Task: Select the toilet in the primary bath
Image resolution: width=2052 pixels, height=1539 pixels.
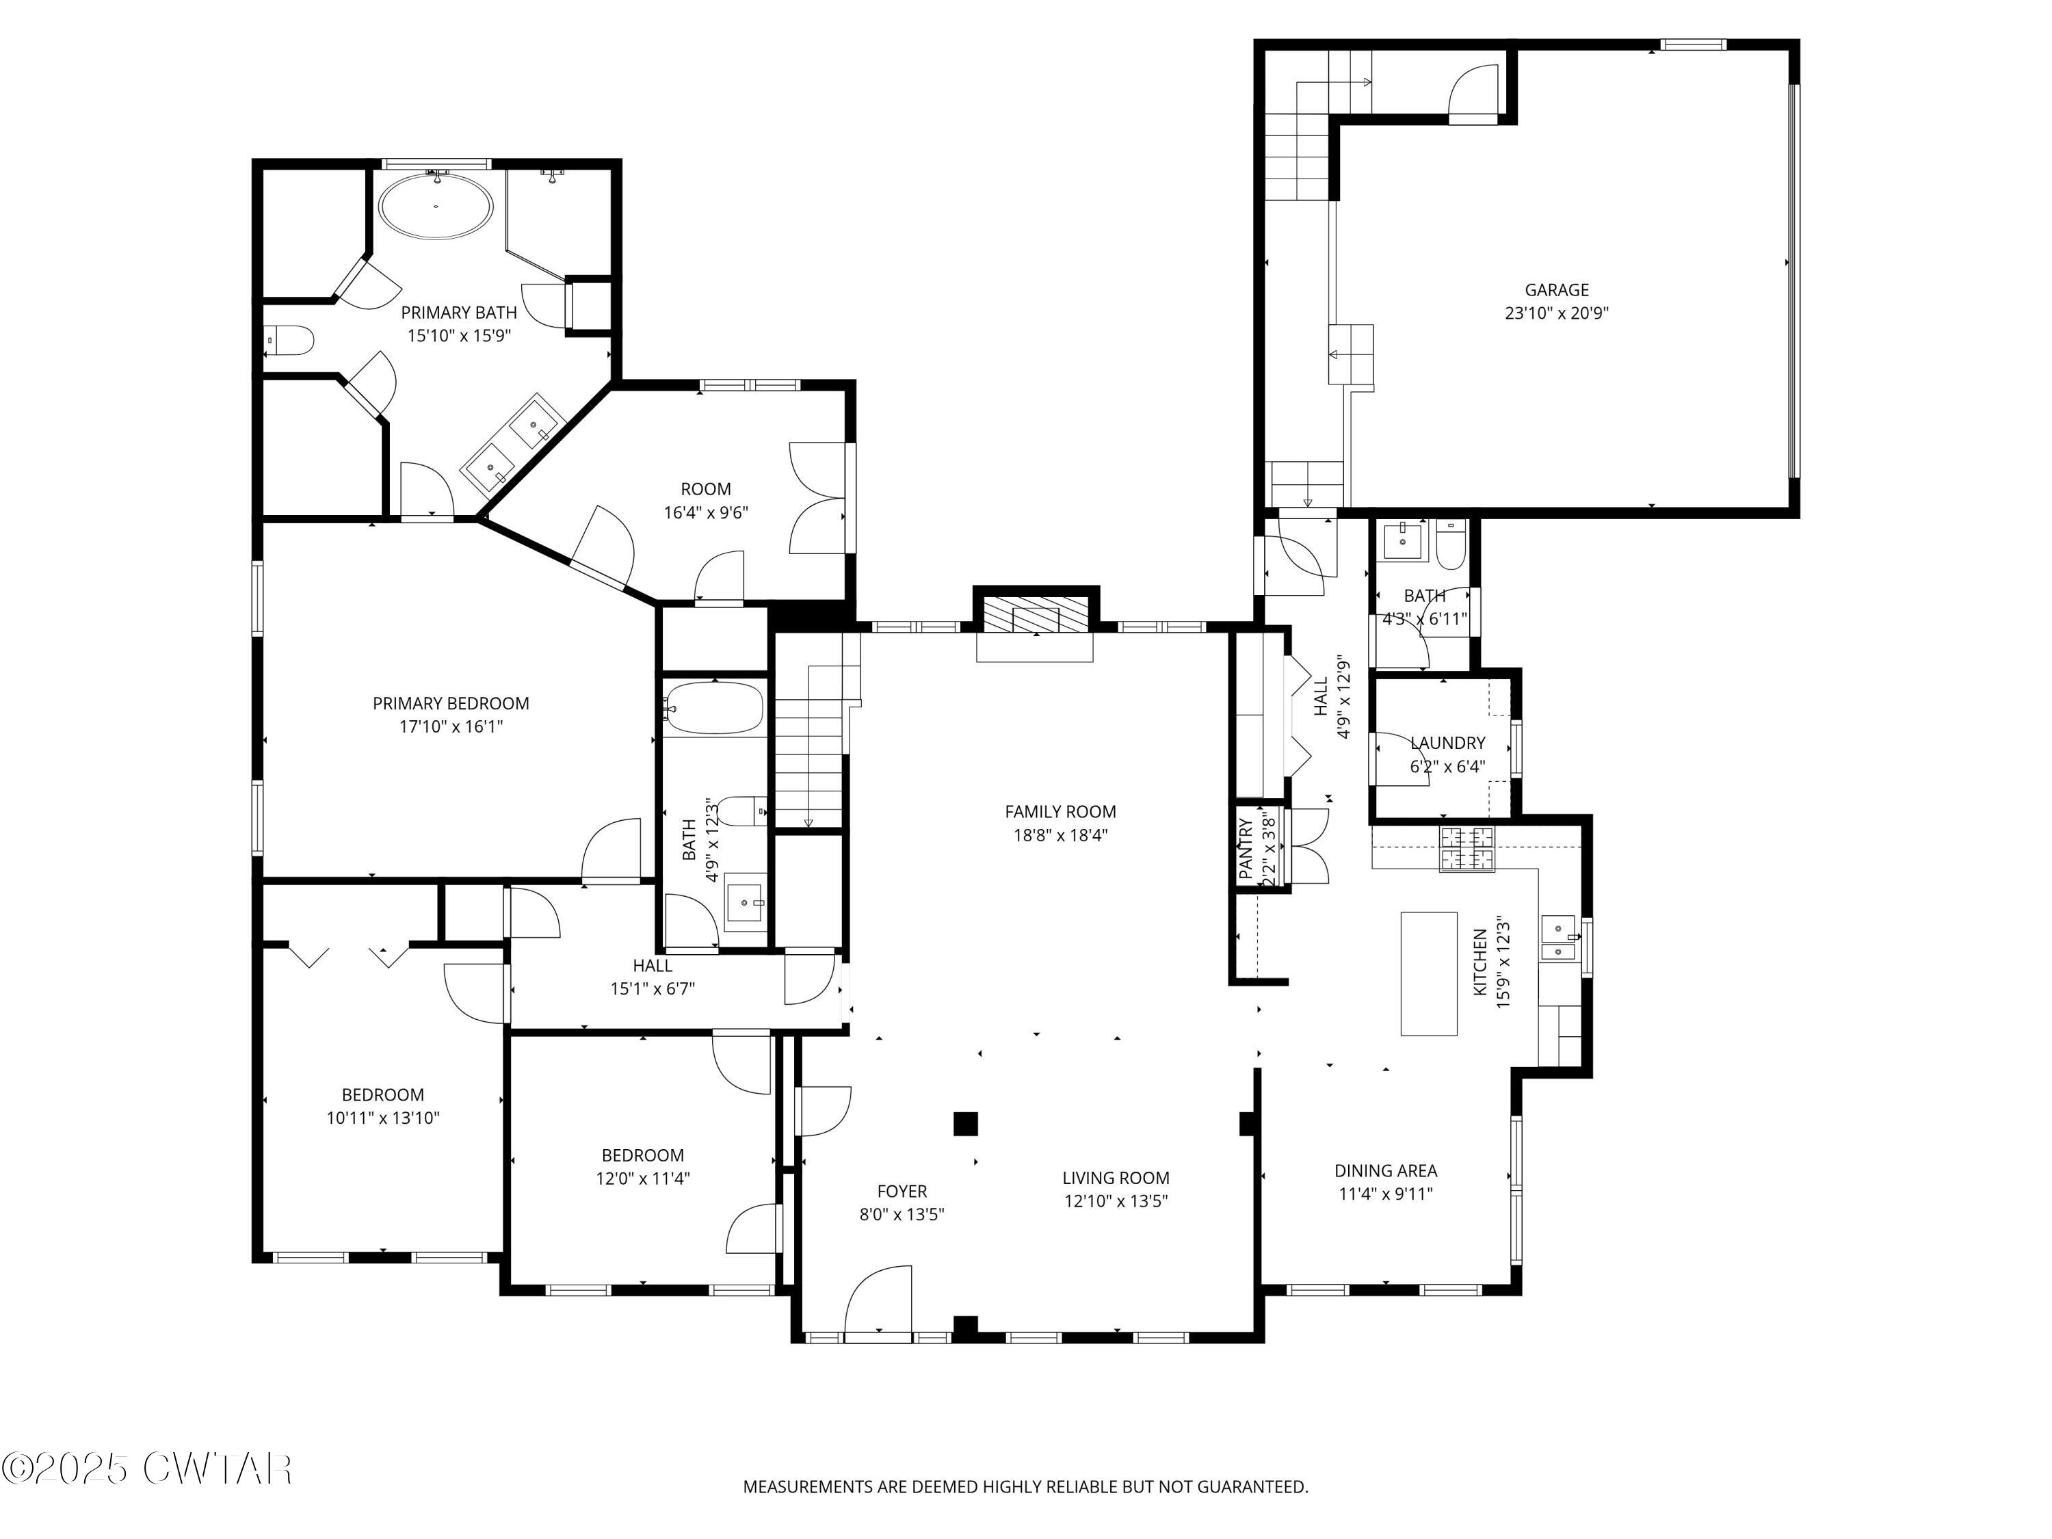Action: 289,341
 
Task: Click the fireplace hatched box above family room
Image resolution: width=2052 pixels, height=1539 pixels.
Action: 1036,613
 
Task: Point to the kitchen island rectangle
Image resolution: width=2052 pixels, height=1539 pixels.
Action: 1429,973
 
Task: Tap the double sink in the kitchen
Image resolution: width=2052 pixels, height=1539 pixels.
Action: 1558,939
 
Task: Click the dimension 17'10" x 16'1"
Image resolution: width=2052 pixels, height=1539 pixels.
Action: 451,726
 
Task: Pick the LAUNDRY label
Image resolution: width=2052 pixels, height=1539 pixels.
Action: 1447,743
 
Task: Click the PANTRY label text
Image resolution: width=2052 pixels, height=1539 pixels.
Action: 1246,848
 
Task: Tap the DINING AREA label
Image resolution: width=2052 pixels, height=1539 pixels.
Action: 1385,1171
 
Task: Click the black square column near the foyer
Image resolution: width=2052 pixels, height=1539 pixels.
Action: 966,1123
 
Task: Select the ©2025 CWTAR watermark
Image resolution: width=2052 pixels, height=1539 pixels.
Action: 146,1468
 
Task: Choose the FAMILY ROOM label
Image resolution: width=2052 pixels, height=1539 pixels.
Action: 1060,812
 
